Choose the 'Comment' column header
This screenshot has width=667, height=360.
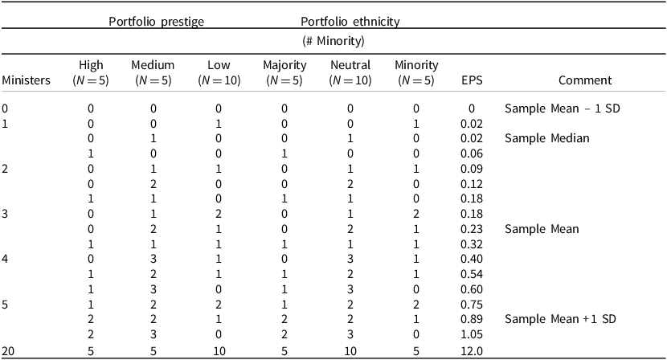pos(587,80)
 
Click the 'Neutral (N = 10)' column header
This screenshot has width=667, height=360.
pos(349,72)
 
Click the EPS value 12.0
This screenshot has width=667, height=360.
pos(472,350)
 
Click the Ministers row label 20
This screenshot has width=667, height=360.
pos(9,350)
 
